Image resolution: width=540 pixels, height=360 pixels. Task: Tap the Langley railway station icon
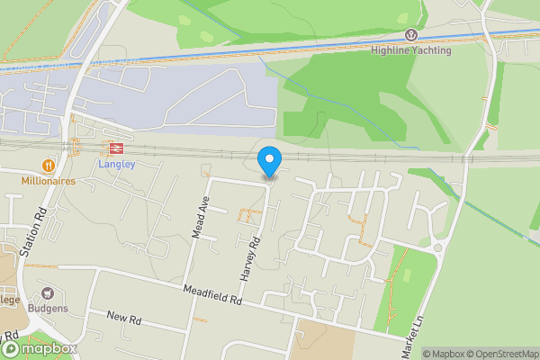pyautogui.click(x=115, y=149)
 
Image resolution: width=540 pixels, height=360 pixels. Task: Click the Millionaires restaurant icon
pyautogui.click(x=47, y=166)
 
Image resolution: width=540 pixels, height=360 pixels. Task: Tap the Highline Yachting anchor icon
pyautogui.click(x=411, y=35)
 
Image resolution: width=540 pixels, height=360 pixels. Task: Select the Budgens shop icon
pyautogui.click(x=47, y=293)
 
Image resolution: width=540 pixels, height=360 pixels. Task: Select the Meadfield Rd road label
pyautogui.click(x=212, y=294)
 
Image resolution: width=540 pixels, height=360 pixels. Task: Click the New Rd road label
pyautogui.click(x=124, y=318)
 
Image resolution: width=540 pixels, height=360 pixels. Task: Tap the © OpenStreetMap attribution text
pyautogui.click(x=498, y=354)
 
